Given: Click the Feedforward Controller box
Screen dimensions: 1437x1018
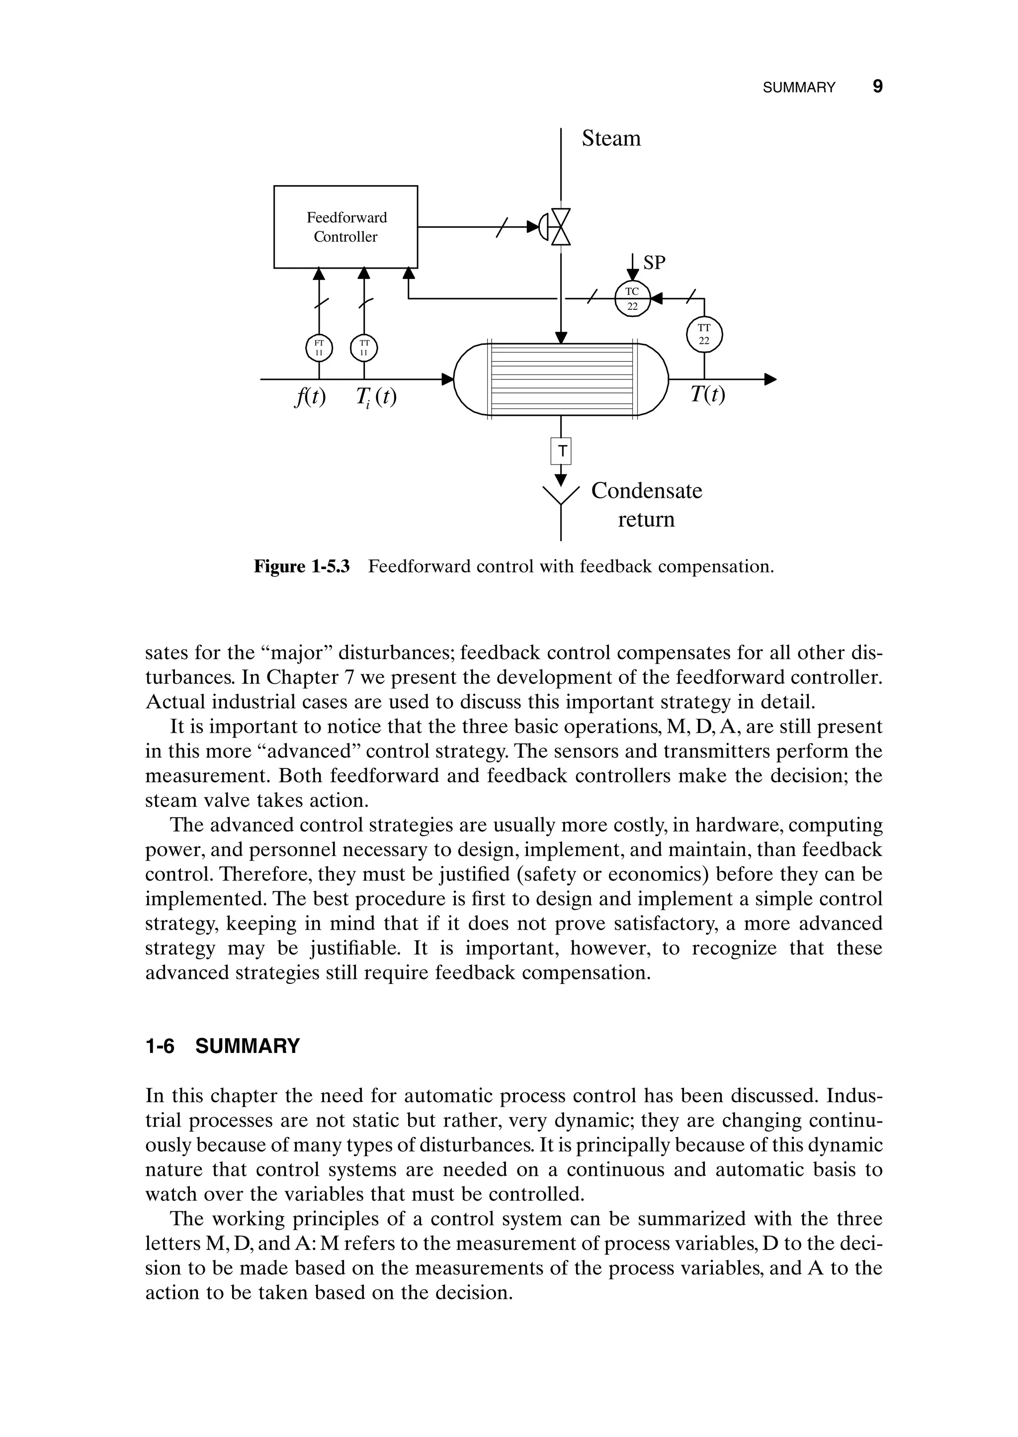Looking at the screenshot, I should (x=345, y=227).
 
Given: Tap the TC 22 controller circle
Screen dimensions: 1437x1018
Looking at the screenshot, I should (x=632, y=298).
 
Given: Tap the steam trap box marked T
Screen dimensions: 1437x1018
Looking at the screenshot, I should (x=562, y=450).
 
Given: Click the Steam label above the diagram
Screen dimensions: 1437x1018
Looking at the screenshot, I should (x=611, y=139).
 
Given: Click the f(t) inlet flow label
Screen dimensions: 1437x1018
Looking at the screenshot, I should (x=310, y=396).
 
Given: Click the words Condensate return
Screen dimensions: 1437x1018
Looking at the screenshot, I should (x=646, y=505).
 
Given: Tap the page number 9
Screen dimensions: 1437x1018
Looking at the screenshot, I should (x=878, y=87).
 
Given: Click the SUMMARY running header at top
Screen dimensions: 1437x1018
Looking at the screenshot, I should (x=799, y=88).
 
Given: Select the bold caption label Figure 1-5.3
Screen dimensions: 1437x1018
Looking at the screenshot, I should (x=302, y=567).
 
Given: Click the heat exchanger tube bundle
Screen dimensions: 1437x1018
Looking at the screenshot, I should (x=561, y=380).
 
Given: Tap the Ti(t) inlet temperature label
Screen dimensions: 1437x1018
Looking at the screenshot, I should (x=376, y=396).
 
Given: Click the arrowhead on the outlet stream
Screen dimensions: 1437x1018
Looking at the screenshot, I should (x=770, y=379).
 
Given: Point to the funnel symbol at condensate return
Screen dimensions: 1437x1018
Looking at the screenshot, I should (x=561, y=495).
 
